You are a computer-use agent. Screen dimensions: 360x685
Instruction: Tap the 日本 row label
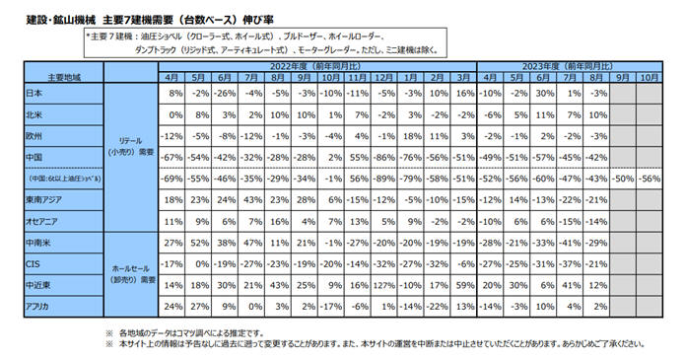pyautogui.click(x=33, y=93)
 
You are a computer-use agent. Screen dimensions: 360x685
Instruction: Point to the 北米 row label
pyautogui.click(x=33, y=114)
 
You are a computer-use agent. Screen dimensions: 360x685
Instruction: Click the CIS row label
pyautogui.click(x=32, y=265)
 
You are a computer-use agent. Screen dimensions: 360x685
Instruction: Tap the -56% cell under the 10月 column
pyautogui.click(x=648, y=180)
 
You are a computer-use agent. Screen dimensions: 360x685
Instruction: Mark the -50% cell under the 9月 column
pyautogui.click(x=620, y=180)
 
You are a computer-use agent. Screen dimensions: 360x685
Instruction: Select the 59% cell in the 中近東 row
pyautogui.click(x=461, y=286)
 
